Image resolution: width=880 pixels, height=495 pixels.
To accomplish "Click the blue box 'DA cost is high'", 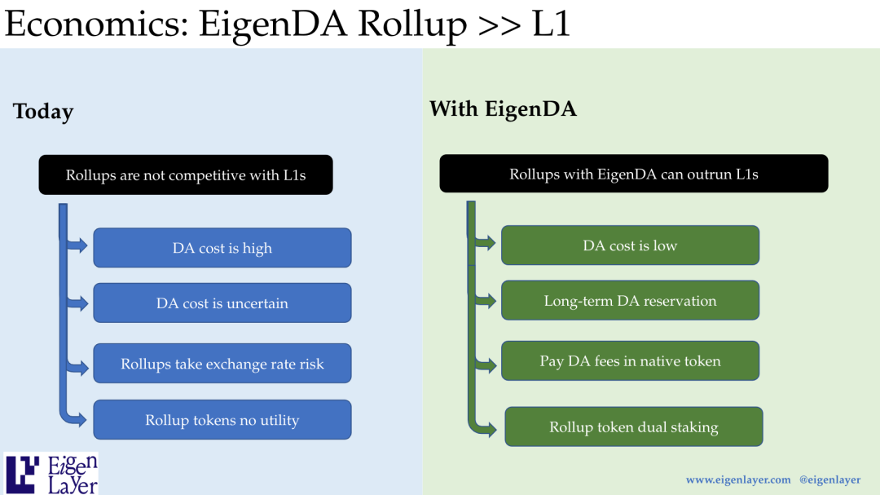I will click(222, 248).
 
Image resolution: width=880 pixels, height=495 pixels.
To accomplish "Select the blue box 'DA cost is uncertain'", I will click(222, 303).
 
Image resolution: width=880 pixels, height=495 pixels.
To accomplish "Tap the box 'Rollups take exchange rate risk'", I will click(222, 364).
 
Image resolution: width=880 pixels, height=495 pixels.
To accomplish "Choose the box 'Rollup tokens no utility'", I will click(222, 420).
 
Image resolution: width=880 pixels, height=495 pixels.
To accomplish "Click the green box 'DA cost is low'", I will click(630, 245).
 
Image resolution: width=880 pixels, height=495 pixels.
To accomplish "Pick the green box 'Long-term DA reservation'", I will click(630, 300).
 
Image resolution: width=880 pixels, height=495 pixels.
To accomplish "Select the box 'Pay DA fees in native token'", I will click(630, 360).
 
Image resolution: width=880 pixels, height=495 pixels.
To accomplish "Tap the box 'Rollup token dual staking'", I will click(634, 426).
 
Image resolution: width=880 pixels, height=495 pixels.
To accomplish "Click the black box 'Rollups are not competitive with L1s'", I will click(186, 175).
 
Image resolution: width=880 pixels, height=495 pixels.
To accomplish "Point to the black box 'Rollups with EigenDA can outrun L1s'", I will click(633, 174).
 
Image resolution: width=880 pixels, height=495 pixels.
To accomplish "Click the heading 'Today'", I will click(43, 112).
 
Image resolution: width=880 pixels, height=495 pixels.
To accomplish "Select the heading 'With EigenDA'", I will click(503, 108).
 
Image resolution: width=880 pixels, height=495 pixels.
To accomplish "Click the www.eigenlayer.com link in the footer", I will click(738, 480).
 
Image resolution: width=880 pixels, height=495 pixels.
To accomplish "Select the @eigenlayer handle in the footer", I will click(829, 480).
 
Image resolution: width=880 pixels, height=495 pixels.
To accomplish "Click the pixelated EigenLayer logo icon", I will click(23, 474).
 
